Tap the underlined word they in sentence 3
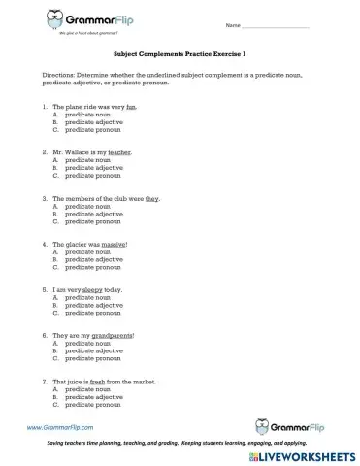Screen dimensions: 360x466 pos(152,198)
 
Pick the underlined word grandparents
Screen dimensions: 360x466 pos(113,335)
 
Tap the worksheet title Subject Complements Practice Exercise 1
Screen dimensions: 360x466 pos(180,57)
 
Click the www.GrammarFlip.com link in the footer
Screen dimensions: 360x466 pos(60,427)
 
